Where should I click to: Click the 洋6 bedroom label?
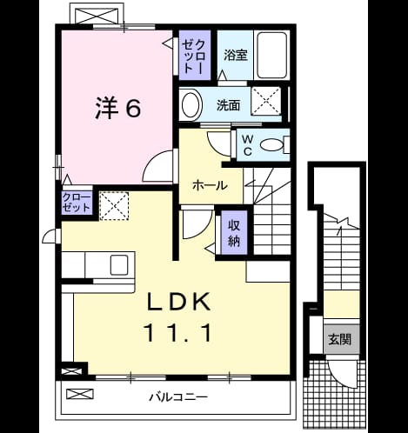click(x=118, y=108)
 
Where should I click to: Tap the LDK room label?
click(x=179, y=302)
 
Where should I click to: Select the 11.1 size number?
click(x=179, y=333)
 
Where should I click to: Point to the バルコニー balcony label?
click(x=178, y=396)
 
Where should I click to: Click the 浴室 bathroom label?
click(x=236, y=55)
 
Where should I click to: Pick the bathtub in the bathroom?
click(x=272, y=55)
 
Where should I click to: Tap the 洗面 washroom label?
click(x=229, y=105)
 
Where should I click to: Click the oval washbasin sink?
click(x=191, y=104)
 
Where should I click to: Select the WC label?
click(x=247, y=145)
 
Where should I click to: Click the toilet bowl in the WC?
click(x=271, y=145)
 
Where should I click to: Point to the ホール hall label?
click(x=211, y=185)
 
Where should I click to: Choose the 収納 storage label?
click(x=234, y=233)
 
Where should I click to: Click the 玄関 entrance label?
click(x=340, y=339)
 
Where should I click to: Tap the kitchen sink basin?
click(x=119, y=265)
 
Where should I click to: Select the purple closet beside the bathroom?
click(x=194, y=55)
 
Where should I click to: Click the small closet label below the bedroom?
click(x=77, y=203)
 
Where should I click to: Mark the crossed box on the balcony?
click(x=80, y=394)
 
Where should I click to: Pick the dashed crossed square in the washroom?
click(x=266, y=101)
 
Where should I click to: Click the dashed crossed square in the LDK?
click(x=114, y=206)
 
